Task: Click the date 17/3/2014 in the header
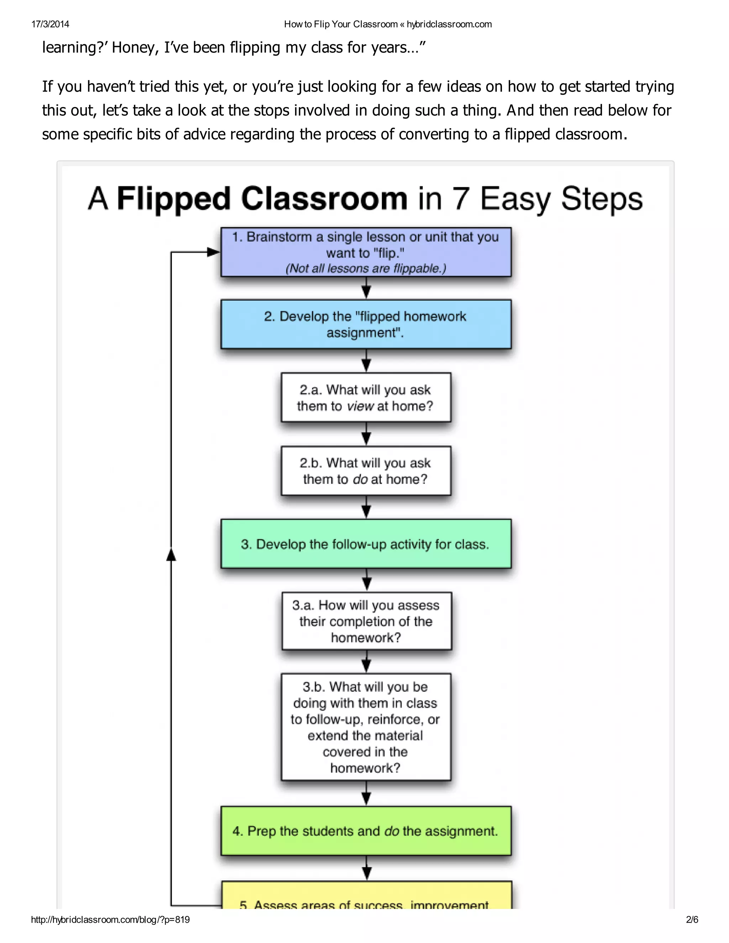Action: coord(50,24)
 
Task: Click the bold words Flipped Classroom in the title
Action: coord(262,199)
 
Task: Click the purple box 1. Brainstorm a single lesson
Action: coord(366,252)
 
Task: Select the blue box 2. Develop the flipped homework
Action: coord(366,324)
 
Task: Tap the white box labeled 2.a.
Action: coord(366,397)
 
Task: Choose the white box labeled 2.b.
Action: coord(366,471)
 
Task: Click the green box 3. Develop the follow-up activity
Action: coord(366,544)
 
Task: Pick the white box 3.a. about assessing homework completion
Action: coord(367,621)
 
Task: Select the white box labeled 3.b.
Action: coord(366,727)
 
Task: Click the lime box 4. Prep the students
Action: coord(366,831)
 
